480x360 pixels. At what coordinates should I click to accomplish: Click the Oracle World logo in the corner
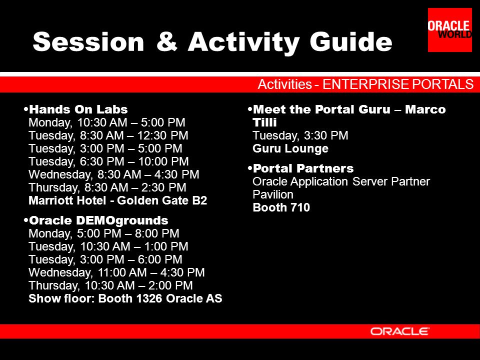tap(449, 30)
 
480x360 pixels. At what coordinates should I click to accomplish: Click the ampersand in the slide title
tap(167, 41)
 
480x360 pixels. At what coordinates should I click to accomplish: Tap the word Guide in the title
tap(351, 41)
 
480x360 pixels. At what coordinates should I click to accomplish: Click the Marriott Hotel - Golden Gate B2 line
tap(118, 200)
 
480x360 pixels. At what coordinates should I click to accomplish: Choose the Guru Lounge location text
tap(290, 148)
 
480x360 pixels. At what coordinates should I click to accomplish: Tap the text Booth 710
tap(281, 207)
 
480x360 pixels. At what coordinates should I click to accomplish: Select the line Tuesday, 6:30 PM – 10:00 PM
tap(108, 161)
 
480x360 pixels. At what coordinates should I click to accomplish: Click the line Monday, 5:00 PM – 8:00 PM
tap(104, 233)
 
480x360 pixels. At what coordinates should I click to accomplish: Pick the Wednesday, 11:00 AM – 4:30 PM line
tap(116, 272)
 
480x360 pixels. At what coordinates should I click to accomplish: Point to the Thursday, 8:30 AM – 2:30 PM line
tap(107, 187)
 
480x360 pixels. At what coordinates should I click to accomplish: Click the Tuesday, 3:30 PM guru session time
tap(300, 135)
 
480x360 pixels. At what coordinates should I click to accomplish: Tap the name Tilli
tap(264, 122)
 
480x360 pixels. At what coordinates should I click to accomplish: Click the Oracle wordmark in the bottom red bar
tap(400, 331)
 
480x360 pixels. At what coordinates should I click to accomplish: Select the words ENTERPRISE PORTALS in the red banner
tap(398, 84)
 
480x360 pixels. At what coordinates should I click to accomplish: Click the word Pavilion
tap(273, 194)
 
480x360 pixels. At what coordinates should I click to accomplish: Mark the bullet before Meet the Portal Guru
tap(250, 108)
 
